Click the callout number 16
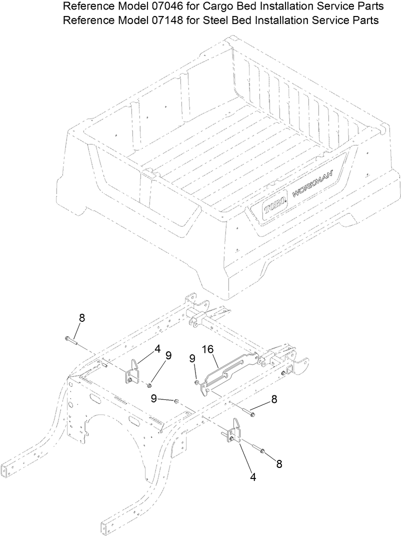207,349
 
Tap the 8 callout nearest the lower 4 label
279,464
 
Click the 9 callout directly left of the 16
192,358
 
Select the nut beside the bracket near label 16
149,385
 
